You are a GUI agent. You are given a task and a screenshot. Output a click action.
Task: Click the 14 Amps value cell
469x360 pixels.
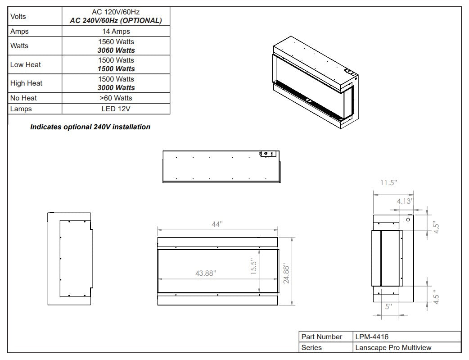coord(116,31)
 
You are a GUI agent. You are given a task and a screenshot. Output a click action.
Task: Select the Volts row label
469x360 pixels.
coord(18,17)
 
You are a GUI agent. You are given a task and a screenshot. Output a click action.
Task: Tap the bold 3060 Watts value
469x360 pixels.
coord(116,50)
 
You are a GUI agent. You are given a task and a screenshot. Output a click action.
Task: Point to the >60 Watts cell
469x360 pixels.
coord(116,98)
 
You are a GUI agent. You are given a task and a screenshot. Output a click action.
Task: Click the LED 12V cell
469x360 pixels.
coord(116,109)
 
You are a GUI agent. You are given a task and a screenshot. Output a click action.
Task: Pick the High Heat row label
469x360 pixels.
coord(26,83)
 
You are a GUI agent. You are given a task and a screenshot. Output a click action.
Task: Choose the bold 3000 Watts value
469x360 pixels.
coord(116,88)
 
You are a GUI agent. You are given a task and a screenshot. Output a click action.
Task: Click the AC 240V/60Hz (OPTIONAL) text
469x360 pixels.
coord(116,21)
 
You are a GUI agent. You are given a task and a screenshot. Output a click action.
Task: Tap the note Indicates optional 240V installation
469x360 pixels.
coord(90,127)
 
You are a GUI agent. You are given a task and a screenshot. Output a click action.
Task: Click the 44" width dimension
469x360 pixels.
coord(217,224)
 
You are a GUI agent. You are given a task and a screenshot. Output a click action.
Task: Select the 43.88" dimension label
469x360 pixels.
coord(206,273)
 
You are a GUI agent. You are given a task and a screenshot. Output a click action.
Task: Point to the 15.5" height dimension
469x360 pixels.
coord(254,267)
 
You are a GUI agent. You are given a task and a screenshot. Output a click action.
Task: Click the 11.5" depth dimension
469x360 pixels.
coord(389,182)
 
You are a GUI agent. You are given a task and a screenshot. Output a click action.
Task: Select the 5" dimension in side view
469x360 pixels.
coord(388,307)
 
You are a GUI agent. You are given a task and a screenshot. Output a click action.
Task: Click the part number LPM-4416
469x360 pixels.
coord(372,337)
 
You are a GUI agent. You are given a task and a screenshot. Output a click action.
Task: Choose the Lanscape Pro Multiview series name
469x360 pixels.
coord(393,348)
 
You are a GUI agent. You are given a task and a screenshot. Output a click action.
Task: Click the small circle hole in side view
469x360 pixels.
coord(408,219)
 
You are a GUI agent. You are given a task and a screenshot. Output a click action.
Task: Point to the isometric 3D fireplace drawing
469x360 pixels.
coord(316,82)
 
